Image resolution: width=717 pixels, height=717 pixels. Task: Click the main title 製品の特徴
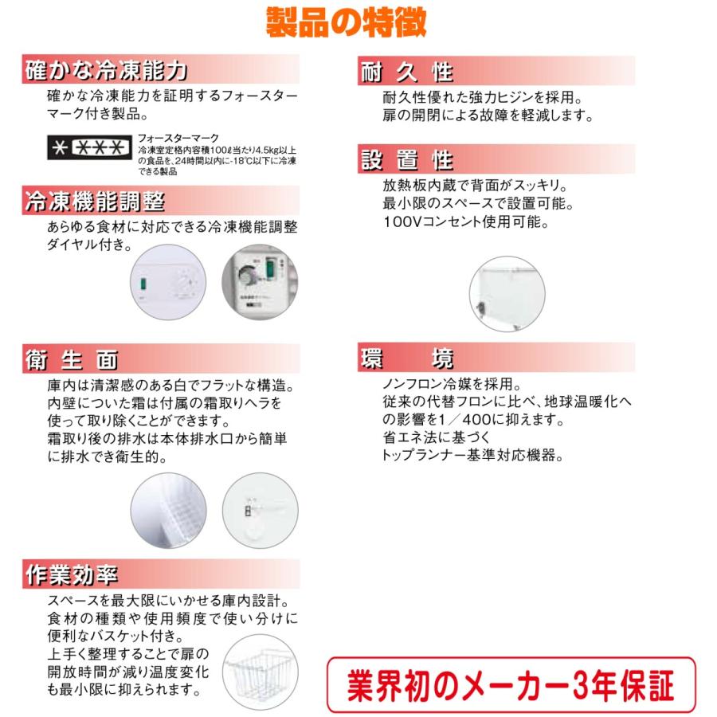(x=346, y=22)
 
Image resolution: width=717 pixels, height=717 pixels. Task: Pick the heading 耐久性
(x=406, y=72)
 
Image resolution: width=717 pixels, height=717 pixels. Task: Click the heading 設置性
(x=406, y=160)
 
